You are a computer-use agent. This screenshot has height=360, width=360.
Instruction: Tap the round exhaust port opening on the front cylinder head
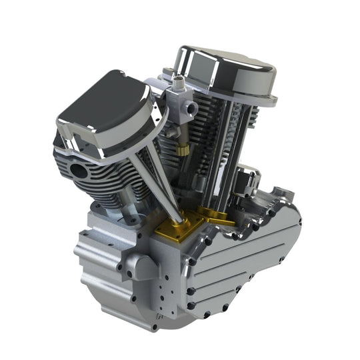(x=79, y=169)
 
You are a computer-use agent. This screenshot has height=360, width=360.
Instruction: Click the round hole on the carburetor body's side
(x=192, y=107)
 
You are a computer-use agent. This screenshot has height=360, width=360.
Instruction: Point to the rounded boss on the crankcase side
(x=137, y=267)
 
